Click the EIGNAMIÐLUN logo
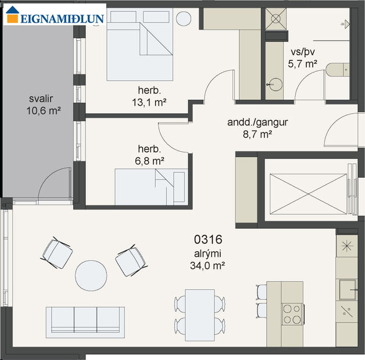tap(55, 17)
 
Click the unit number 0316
tap(209, 239)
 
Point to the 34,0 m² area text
tap(209, 265)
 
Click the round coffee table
tap(91, 275)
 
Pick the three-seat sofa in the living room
tap(85, 322)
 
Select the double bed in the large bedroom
tap(141, 46)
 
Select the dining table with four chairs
tap(200, 313)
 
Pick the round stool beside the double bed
tap(183, 19)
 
